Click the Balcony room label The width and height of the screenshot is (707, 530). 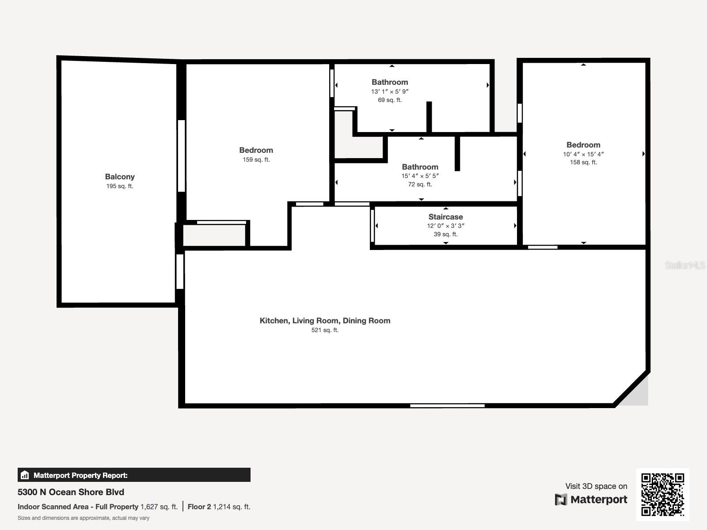point(120,177)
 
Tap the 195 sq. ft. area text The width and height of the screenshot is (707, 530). point(120,186)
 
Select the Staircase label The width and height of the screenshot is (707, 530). point(445,217)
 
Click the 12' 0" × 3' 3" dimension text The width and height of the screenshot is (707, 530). point(445,226)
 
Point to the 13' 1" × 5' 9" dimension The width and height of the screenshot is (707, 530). point(390,91)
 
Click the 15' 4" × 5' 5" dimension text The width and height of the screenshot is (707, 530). point(420,176)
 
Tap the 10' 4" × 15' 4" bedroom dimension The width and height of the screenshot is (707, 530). point(583,154)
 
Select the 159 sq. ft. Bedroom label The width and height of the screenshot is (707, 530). point(256,150)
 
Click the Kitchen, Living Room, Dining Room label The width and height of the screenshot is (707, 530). point(325,321)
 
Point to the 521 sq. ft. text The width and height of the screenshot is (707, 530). point(325,330)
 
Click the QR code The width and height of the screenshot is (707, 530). point(662,494)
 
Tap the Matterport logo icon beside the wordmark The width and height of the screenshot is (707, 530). point(561,500)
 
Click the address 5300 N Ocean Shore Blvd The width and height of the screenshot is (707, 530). point(71,492)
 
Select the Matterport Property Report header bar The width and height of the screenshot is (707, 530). point(134,475)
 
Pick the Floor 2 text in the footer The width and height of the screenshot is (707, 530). point(199,507)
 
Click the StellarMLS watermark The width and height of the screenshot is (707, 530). point(684,265)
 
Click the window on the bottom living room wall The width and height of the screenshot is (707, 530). point(447,405)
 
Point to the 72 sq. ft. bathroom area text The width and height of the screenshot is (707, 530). point(420,185)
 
